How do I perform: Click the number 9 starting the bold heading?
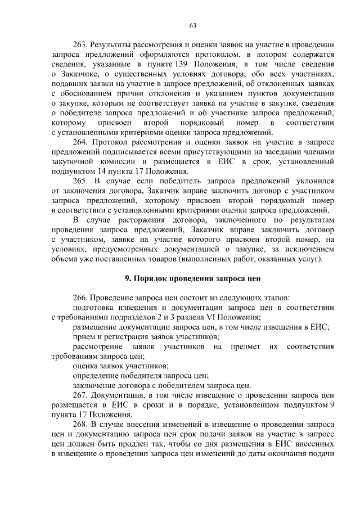(x=126, y=278)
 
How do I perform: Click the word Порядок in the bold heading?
(x=147, y=278)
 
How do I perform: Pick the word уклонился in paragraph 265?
(x=316, y=181)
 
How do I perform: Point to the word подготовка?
(x=94, y=307)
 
